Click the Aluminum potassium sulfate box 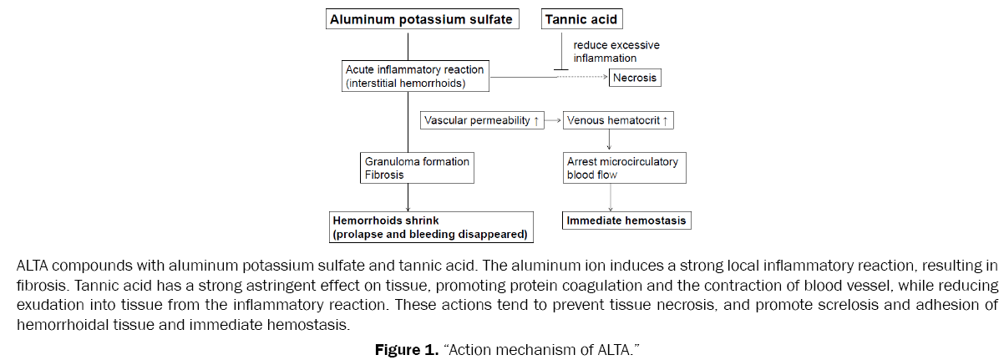tap(421, 19)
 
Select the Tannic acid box tap(583, 19)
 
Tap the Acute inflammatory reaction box tap(414, 76)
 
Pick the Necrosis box tap(635, 79)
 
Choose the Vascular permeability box tap(481, 120)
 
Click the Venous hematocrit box tap(617, 120)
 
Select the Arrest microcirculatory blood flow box tap(624, 167)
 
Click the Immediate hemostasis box tap(626, 221)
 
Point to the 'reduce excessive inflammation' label tap(610, 51)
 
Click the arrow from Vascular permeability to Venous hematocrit tap(552, 120)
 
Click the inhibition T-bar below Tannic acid tap(561, 68)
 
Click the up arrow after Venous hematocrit tap(665, 120)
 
